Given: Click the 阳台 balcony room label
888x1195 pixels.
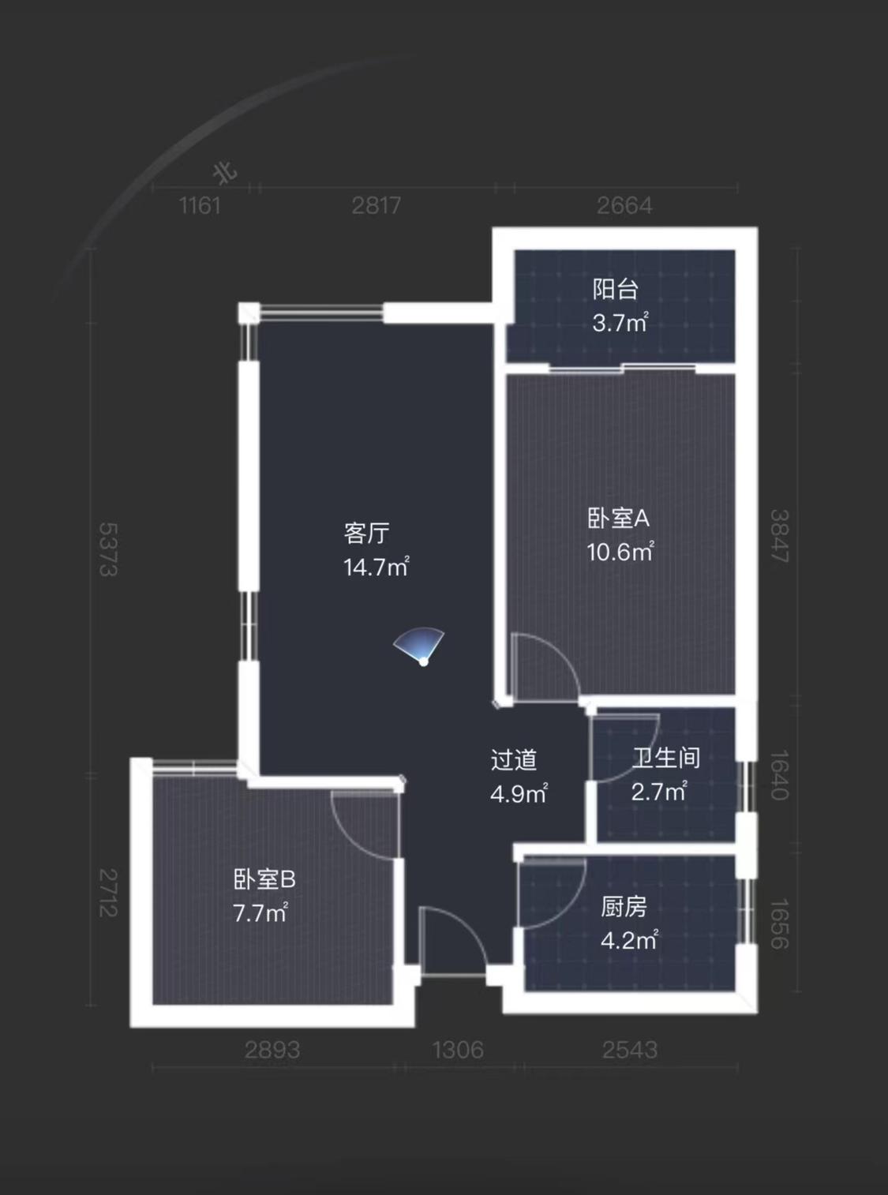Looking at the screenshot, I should [616, 289].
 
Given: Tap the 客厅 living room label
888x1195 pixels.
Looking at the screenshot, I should [367, 534].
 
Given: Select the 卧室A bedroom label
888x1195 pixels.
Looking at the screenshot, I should [618, 518].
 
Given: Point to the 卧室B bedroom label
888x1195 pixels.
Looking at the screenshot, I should [264, 878].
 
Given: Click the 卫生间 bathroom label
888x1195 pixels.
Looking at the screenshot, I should [666, 759].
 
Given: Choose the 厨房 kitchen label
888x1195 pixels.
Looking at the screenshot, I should [624, 907].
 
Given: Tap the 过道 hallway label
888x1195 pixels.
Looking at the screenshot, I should [514, 760].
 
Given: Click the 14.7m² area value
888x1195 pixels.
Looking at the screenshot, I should [376, 567].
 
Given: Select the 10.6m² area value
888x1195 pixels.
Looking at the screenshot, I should [620, 551].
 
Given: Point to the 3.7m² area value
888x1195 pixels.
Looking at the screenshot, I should [620, 322].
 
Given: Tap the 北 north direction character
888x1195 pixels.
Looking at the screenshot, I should [226, 172].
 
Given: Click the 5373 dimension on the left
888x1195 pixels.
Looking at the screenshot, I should [108, 549].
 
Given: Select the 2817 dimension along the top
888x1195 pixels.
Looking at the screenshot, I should [377, 206].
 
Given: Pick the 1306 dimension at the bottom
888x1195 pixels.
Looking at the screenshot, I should [458, 1050].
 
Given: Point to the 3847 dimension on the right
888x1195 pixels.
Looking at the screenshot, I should [779, 536].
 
